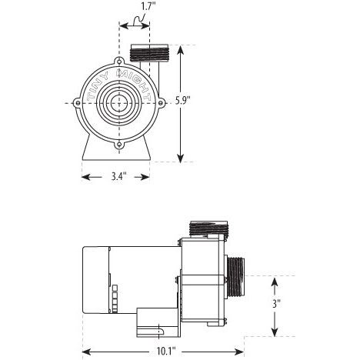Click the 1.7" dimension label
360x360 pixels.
(148, 6)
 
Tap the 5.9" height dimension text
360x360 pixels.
(183, 101)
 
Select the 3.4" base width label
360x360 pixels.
(118, 176)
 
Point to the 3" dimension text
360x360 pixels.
(276, 304)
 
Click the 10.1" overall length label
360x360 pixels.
(166, 352)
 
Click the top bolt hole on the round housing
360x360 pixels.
(119, 62)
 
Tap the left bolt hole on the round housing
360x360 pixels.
(78, 103)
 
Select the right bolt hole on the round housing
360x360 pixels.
(161, 103)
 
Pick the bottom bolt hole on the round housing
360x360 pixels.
(119, 145)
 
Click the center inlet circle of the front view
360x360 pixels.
(119, 103)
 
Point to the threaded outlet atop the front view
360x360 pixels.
(149, 53)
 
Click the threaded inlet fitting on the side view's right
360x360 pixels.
(235, 277)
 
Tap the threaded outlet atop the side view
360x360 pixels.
(208, 228)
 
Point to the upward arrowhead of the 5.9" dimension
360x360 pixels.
(181, 50)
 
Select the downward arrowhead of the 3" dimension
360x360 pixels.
(275, 332)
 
